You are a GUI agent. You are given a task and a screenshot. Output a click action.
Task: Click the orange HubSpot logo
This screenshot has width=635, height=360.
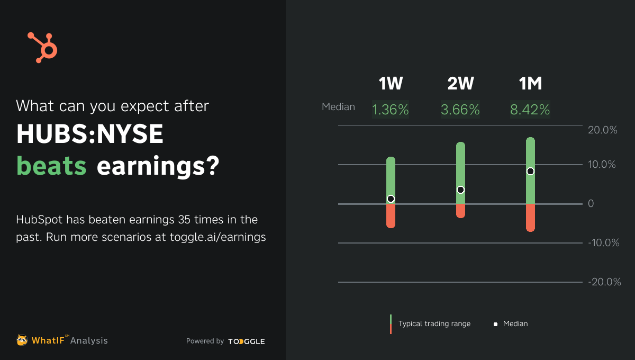pyautogui.click(x=42, y=47)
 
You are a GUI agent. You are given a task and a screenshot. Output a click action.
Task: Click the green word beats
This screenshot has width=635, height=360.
pyautogui.click(x=51, y=166)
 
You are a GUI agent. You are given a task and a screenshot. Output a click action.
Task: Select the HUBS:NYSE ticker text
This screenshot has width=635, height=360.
pyautogui.click(x=90, y=135)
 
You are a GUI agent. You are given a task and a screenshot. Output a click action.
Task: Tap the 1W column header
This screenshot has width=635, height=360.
pyautogui.click(x=391, y=84)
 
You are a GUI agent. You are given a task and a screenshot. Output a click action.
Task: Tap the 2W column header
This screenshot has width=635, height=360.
pyautogui.click(x=460, y=84)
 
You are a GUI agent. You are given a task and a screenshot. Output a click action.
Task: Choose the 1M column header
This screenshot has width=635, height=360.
pyautogui.click(x=530, y=84)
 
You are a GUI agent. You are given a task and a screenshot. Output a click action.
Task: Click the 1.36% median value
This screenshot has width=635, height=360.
pyautogui.click(x=391, y=110)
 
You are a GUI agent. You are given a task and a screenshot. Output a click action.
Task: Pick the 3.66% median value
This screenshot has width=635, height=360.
pyautogui.click(x=460, y=110)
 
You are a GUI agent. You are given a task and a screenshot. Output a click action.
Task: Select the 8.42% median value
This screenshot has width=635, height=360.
pyautogui.click(x=530, y=110)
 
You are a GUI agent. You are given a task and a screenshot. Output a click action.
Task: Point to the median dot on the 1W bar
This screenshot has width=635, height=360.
pyautogui.click(x=391, y=199)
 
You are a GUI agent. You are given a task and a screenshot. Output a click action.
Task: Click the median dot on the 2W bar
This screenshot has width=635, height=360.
pyautogui.click(x=460, y=190)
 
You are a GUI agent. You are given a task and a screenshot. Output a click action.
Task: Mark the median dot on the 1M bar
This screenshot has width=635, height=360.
pyautogui.click(x=530, y=171)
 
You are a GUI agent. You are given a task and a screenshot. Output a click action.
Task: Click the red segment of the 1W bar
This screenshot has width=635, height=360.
pyautogui.click(x=391, y=216)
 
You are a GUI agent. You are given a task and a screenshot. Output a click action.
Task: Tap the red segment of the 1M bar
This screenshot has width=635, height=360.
pyautogui.click(x=530, y=218)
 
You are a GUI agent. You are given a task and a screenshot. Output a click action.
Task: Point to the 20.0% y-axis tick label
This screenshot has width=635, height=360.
pyautogui.click(x=603, y=130)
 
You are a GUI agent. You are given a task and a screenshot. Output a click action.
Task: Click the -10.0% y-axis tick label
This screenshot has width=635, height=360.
pyautogui.click(x=604, y=243)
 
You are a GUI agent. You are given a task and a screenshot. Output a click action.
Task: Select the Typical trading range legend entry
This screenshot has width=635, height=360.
pyautogui.click(x=434, y=323)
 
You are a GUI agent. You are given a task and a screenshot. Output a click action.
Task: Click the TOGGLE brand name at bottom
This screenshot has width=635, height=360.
pyautogui.click(x=247, y=341)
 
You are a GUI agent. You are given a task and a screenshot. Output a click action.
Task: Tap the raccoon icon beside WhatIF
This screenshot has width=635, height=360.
pyautogui.click(x=22, y=340)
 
